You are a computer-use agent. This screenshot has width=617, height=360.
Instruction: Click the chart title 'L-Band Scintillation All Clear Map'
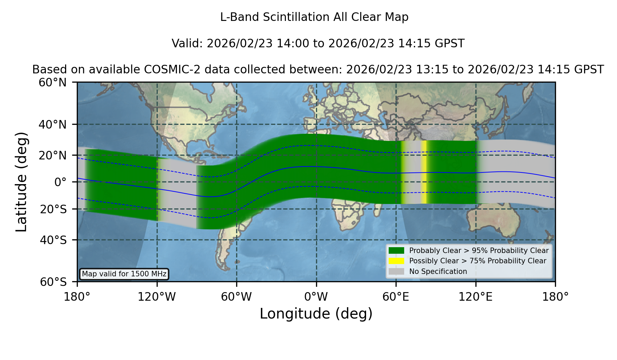[314, 17]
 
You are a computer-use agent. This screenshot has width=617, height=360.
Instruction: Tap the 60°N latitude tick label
[52, 82]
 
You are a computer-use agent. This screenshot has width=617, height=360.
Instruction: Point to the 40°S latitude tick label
[53, 240]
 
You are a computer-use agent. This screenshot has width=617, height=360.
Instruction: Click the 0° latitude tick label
[60, 182]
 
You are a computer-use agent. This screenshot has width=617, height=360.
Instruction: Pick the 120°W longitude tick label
[157, 297]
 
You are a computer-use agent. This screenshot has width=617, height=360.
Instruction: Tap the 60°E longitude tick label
[396, 297]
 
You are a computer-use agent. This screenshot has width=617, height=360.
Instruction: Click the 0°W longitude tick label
[316, 297]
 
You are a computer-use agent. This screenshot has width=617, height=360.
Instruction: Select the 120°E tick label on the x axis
[475, 297]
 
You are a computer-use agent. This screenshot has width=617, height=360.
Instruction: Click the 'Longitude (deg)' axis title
[316, 314]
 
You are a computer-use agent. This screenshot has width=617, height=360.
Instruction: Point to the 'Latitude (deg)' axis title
[21, 182]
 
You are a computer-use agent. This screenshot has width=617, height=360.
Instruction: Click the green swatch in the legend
[396, 251]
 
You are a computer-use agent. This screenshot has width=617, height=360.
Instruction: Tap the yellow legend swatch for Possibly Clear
[396, 261]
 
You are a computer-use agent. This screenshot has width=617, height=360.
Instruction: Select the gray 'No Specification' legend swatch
[396, 272]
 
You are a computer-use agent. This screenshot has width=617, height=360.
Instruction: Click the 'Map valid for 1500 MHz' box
[124, 274]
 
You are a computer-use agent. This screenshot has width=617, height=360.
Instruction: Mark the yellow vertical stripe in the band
[424, 172]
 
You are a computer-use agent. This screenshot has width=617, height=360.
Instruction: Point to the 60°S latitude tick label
[53, 282]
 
